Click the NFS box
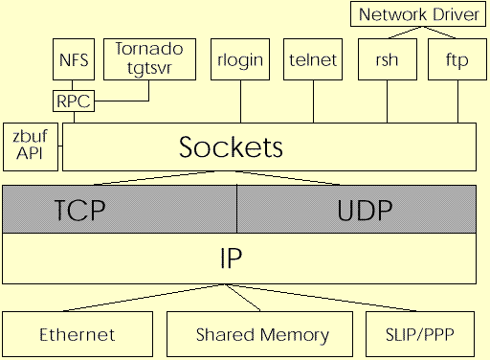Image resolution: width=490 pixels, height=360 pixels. (x=74, y=59)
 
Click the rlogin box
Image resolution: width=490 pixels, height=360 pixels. (x=240, y=59)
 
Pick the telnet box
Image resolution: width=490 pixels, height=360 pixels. (x=313, y=59)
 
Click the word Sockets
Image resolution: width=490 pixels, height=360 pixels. (x=232, y=147)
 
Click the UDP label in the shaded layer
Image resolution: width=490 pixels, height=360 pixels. (x=365, y=210)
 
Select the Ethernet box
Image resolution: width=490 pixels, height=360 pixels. (x=78, y=334)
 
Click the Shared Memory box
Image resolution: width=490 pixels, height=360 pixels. (x=261, y=334)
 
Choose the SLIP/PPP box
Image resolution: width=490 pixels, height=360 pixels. (x=420, y=334)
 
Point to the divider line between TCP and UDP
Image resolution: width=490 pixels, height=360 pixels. (x=236, y=209)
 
